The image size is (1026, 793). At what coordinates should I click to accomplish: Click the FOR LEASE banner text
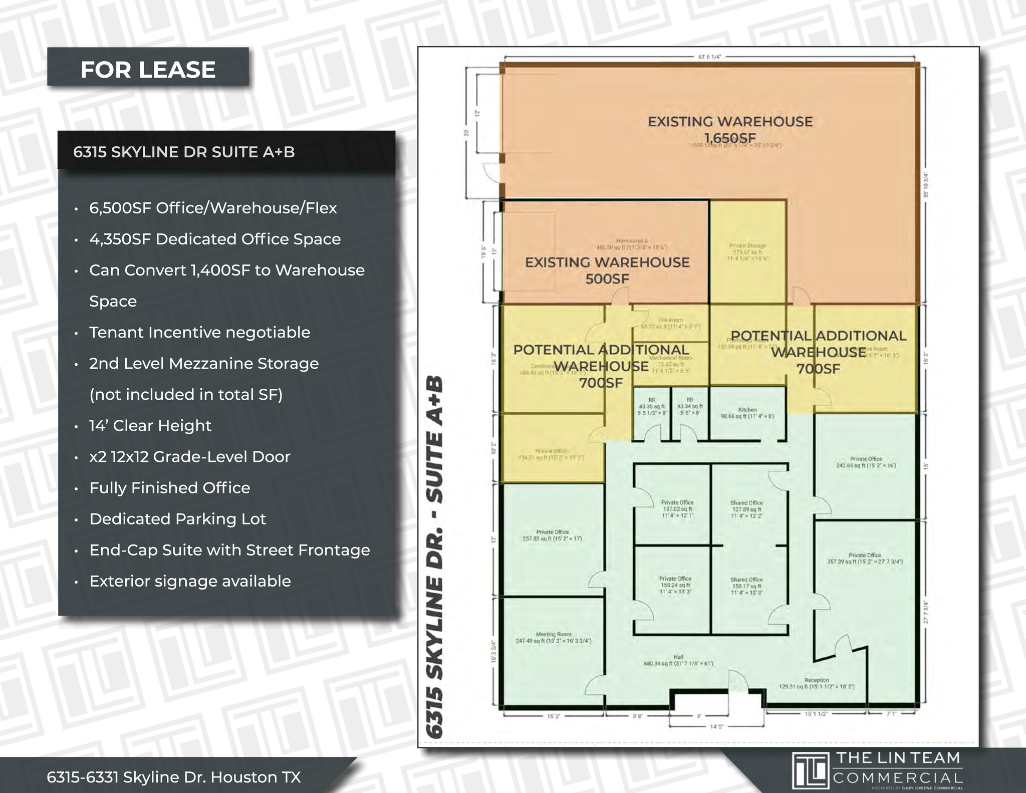click(x=148, y=70)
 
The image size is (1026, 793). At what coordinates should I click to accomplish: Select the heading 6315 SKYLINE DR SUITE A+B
click(x=184, y=152)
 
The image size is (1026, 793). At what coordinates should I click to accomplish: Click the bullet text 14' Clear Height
click(x=150, y=426)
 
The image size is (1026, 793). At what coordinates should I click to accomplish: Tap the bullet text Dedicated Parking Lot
click(x=177, y=519)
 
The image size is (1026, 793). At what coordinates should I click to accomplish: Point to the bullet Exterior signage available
click(x=190, y=581)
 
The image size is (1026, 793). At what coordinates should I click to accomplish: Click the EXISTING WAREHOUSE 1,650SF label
click(x=730, y=129)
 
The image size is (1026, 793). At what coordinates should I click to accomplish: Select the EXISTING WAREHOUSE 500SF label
click(x=607, y=270)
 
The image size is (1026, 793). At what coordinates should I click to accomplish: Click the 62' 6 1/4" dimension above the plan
click(x=709, y=57)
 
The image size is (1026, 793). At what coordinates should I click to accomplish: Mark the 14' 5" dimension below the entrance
click(x=716, y=726)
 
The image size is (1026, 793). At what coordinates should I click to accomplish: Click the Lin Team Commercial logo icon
click(x=810, y=770)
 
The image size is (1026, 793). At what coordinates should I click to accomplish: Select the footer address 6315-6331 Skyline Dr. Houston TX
click(x=174, y=777)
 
